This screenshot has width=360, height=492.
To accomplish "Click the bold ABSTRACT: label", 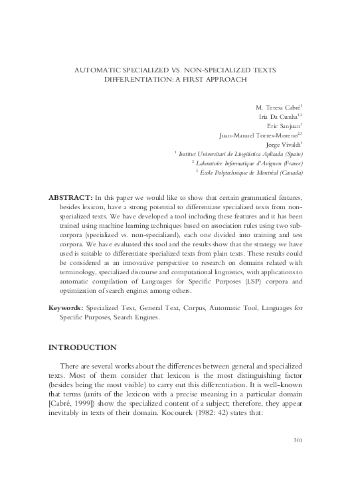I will [71, 199].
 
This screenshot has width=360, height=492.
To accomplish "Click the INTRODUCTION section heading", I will [83, 347].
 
